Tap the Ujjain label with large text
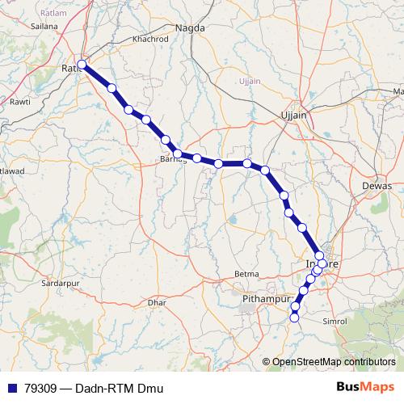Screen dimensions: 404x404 (293, 115)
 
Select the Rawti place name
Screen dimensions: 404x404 (19, 102)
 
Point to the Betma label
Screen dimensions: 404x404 (246, 275)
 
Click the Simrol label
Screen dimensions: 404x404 (334, 321)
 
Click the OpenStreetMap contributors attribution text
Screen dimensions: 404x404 (334, 362)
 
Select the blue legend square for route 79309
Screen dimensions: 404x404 (11, 389)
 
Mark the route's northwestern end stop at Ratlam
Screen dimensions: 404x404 (82, 64)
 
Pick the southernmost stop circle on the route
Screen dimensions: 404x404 (294, 318)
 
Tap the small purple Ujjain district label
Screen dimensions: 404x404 (250, 82)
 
